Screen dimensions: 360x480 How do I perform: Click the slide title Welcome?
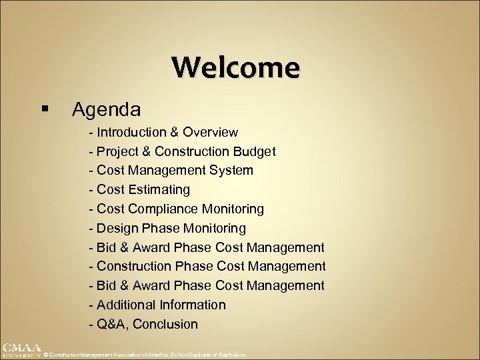pos(236,67)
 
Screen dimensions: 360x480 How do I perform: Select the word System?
pos(231,171)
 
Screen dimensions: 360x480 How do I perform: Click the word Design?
pos(117,229)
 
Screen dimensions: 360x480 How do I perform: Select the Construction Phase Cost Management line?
pos(207,267)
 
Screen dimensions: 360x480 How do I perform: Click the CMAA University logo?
pos(21,349)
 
